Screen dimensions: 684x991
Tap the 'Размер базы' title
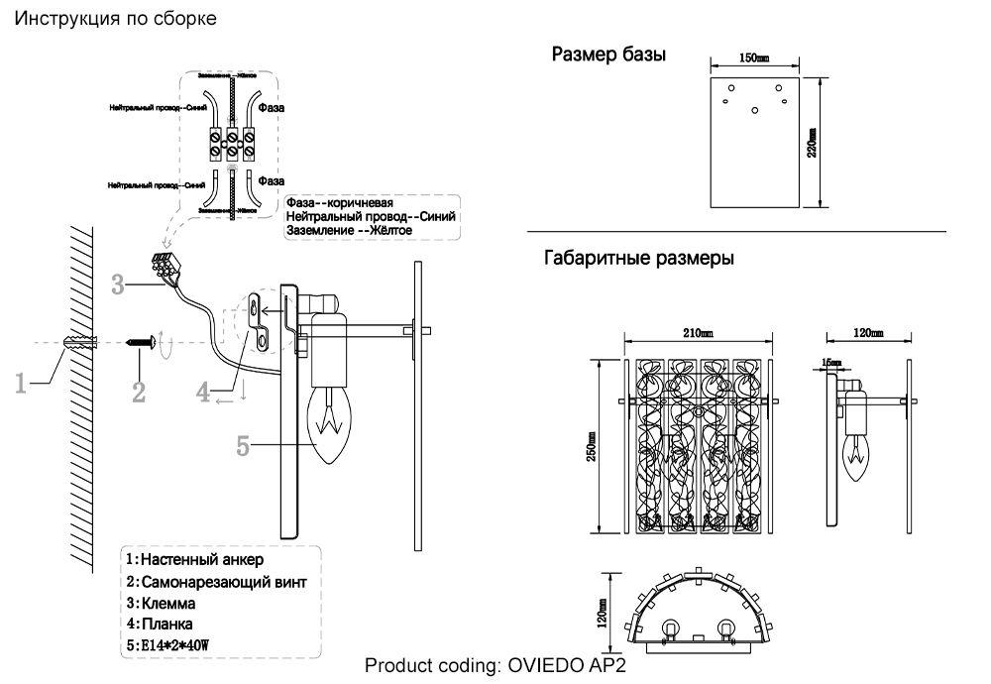(608, 55)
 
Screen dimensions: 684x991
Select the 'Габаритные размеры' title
(639, 260)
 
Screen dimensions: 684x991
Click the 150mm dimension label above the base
(754, 59)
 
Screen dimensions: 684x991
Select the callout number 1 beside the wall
(21, 382)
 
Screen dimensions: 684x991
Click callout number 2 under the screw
(139, 392)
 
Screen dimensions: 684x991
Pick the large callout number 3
(117, 285)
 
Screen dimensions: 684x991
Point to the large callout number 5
(244, 446)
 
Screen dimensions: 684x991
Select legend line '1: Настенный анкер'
(194, 561)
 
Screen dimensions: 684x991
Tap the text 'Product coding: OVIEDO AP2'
(495, 665)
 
